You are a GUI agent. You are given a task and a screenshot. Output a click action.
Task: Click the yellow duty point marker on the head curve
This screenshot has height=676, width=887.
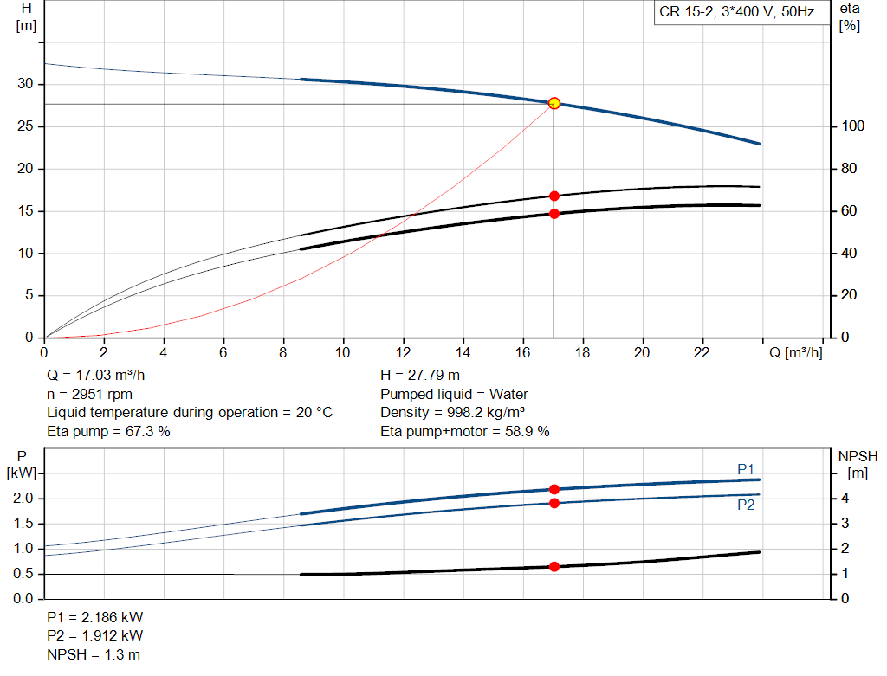click(554, 103)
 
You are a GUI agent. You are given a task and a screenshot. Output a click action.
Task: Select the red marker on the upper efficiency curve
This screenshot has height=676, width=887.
click(554, 196)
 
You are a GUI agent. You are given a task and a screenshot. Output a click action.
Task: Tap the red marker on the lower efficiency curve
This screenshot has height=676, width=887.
click(554, 214)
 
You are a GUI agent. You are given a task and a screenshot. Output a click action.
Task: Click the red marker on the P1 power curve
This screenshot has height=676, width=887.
click(554, 490)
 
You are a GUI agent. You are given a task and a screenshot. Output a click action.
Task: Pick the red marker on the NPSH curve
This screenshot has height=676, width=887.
click(554, 567)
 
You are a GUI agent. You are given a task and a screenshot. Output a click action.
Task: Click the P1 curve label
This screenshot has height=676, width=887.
click(746, 469)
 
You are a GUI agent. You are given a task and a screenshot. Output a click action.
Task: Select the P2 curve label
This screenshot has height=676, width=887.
click(746, 505)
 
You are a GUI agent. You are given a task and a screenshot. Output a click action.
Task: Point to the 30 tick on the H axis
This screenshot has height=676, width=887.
click(25, 84)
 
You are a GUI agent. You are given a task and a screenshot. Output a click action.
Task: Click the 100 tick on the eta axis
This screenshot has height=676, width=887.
click(852, 126)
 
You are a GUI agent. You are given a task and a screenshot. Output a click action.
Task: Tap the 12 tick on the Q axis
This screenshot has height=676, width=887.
click(403, 352)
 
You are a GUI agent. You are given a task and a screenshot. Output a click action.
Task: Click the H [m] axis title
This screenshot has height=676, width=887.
click(26, 16)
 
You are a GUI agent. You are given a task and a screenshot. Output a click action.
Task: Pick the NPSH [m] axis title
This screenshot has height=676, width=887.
click(858, 464)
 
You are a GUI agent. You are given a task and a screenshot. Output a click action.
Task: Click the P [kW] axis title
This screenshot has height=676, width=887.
click(23, 464)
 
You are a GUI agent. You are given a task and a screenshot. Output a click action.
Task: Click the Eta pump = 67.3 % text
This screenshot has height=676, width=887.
click(108, 431)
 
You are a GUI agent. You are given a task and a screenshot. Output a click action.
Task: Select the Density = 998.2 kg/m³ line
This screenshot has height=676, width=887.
click(453, 413)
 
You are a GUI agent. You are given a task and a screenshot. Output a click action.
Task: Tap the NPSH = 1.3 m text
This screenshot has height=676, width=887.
click(94, 654)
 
